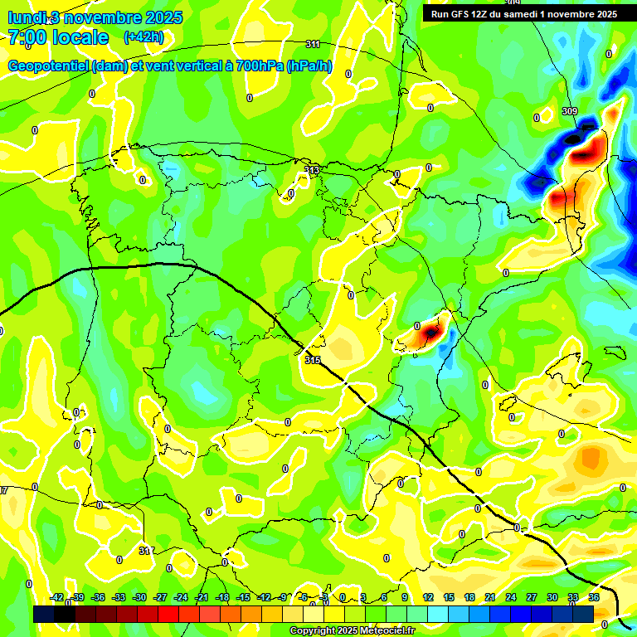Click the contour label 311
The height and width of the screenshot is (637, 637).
(x=313, y=44)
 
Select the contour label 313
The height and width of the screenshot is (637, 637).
(x=312, y=170)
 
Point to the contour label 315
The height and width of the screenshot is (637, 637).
(x=312, y=359)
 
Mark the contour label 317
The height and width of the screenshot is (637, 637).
(x=145, y=551)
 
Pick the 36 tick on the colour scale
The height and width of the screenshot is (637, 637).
(x=593, y=597)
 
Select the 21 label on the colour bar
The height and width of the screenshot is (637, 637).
(x=489, y=597)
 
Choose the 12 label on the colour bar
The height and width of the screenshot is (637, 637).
(x=427, y=597)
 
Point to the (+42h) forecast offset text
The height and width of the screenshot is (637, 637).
(x=143, y=37)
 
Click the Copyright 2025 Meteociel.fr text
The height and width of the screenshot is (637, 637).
(x=352, y=630)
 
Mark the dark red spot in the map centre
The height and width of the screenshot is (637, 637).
(x=430, y=333)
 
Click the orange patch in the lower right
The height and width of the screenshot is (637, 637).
(x=591, y=456)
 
